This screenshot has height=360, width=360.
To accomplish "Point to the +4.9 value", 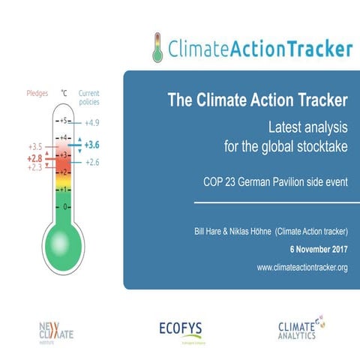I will (91, 122).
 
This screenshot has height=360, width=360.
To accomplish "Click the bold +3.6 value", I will (92, 145).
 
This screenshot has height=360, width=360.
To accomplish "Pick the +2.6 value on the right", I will (91, 162).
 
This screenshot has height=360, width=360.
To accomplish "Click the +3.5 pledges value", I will (35, 147).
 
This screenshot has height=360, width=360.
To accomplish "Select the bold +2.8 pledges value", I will (35, 158).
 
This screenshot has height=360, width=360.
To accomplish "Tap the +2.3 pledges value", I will (35, 168).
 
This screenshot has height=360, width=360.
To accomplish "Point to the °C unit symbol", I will (64, 95).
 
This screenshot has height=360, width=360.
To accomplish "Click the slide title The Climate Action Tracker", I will (256, 99).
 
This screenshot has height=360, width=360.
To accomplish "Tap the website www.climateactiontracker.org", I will (301, 267).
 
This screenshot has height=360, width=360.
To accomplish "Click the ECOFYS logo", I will (181, 328).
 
